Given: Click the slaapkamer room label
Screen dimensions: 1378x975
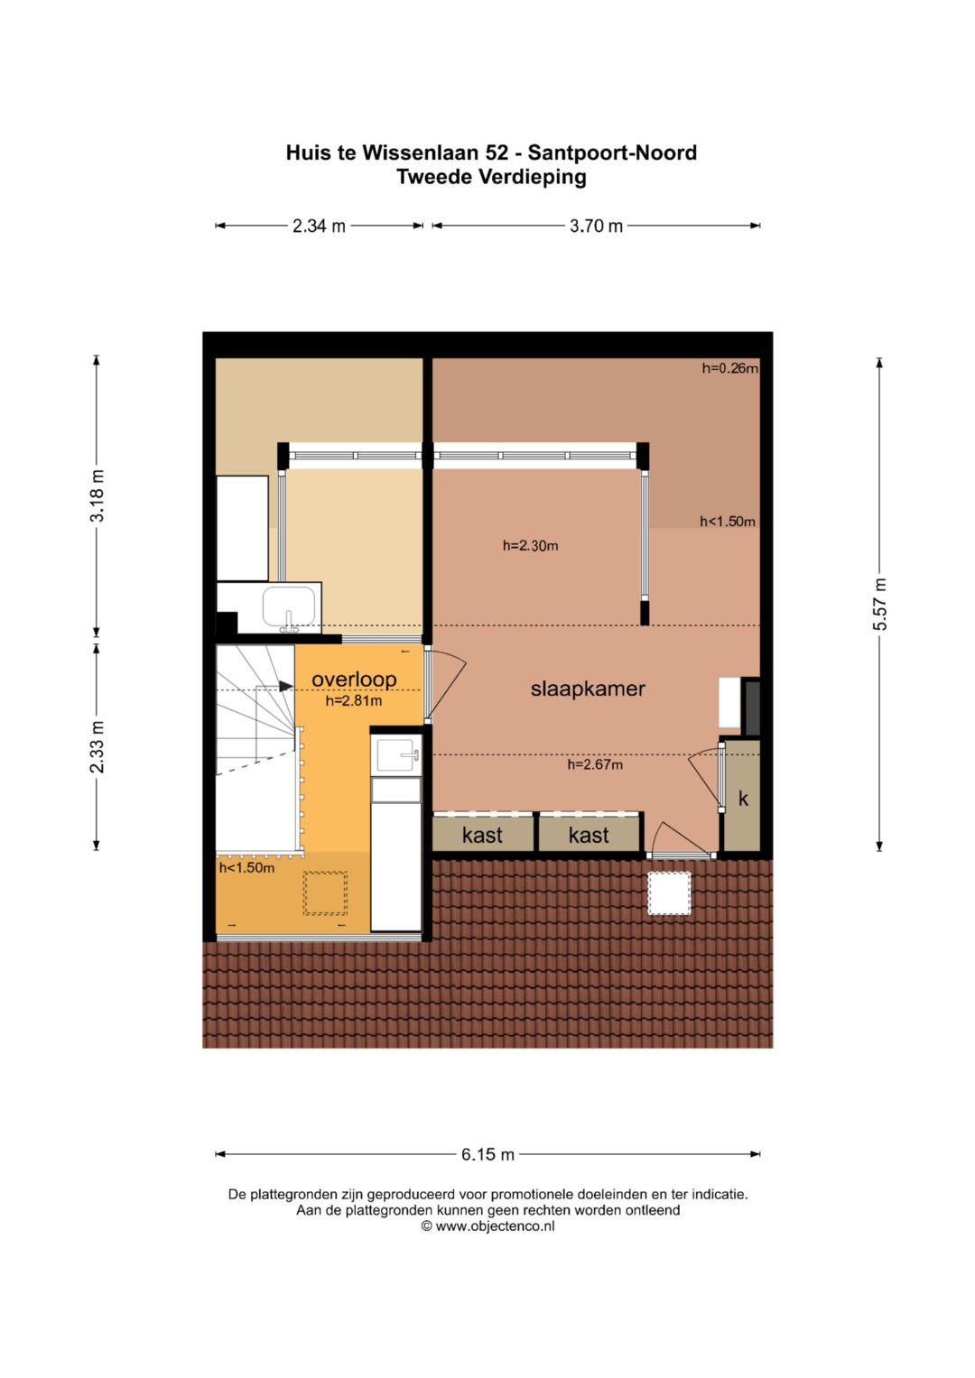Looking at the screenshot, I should point(588,689).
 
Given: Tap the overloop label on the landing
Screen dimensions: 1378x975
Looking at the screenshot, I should point(354,680).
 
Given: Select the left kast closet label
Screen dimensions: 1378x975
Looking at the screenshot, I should point(482,836).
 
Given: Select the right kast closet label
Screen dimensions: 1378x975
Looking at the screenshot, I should point(589,836).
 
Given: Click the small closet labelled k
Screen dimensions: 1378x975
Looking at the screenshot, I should point(744,799).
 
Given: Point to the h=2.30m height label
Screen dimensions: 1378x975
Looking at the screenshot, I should point(530,545).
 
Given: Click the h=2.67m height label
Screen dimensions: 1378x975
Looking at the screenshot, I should point(595,764).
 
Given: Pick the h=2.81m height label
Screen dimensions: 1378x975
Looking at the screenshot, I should point(353,701).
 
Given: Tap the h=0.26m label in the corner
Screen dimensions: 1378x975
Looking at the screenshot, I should point(729,368).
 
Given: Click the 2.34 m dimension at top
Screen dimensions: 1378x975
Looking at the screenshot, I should point(319,227).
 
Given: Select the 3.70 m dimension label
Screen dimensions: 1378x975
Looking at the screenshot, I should point(596,227).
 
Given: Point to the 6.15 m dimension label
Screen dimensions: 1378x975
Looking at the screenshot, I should point(487,1154).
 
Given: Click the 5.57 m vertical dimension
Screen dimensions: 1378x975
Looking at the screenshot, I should point(880,604).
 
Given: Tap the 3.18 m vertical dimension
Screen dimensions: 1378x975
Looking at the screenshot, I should point(97,496).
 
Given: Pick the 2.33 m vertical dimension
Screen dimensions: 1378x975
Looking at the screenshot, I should point(97,746).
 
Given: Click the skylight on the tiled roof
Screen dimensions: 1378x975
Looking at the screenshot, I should point(669,892).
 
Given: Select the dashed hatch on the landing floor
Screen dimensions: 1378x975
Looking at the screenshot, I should point(325,893).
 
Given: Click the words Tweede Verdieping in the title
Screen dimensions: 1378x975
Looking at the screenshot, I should point(491,177).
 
